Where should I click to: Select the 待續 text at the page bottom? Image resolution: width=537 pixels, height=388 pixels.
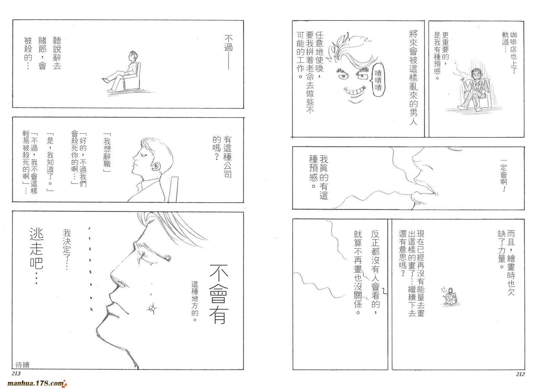pyautogui.click(x=22, y=364)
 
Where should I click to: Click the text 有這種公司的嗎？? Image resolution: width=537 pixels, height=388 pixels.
pyautogui.click(x=223, y=156)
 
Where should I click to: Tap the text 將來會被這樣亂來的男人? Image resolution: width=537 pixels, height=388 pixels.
pyautogui.click(x=413, y=77)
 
